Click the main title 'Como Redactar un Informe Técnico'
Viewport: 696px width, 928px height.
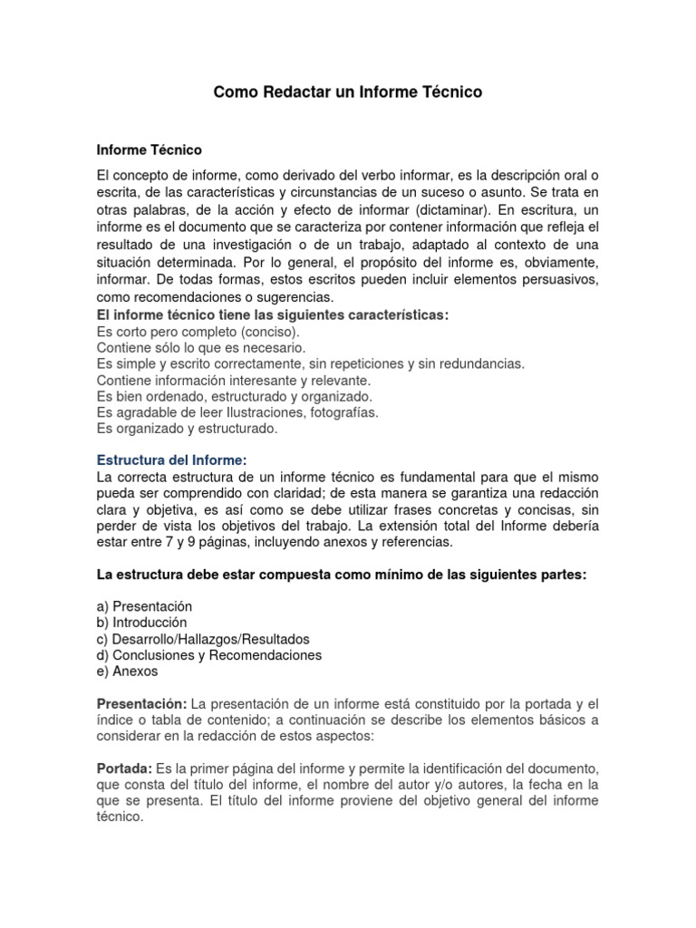coord(348,92)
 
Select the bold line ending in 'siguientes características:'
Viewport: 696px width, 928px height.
coord(273,314)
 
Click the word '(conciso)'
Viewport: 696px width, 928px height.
coord(260,332)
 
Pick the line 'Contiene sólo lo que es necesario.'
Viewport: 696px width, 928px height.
coord(201,348)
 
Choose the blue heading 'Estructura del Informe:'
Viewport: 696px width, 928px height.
coord(171,460)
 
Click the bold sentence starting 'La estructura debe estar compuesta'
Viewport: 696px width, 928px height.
coord(342,575)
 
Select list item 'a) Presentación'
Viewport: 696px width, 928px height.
coord(144,606)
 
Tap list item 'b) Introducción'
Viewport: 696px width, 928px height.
coord(141,623)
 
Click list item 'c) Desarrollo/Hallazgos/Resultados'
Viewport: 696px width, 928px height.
coord(203,639)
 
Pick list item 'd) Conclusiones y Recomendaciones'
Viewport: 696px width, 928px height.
coord(208,655)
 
